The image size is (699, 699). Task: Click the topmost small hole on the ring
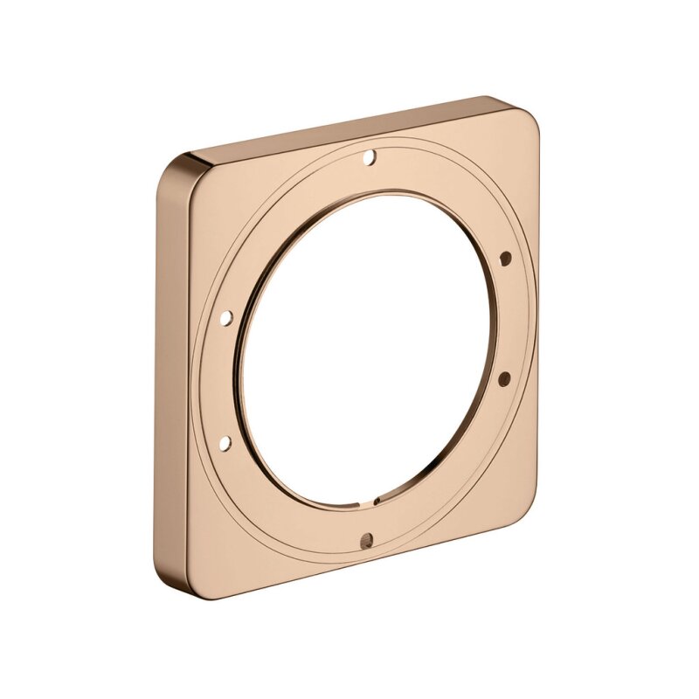(369, 158)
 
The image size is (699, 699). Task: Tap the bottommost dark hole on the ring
(365, 540)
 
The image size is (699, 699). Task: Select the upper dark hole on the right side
(505, 258)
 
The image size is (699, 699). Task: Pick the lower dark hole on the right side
(504, 377)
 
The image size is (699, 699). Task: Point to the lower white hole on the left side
(225, 443)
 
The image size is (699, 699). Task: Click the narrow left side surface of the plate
(171, 376)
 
